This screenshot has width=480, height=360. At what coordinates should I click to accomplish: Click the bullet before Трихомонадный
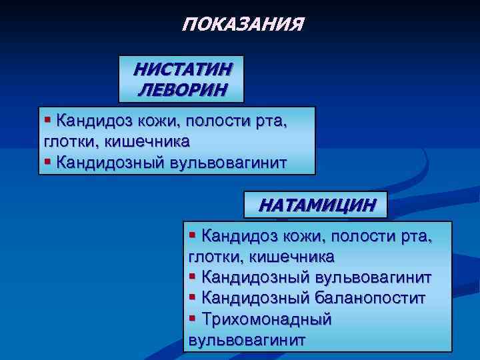click(x=193, y=318)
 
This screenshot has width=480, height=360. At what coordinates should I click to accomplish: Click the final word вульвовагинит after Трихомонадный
click(x=247, y=339)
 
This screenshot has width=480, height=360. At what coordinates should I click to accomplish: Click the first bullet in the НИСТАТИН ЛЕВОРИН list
click(x=48, y=120)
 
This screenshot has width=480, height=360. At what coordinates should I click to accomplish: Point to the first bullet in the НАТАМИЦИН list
click(x=193, y=235)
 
